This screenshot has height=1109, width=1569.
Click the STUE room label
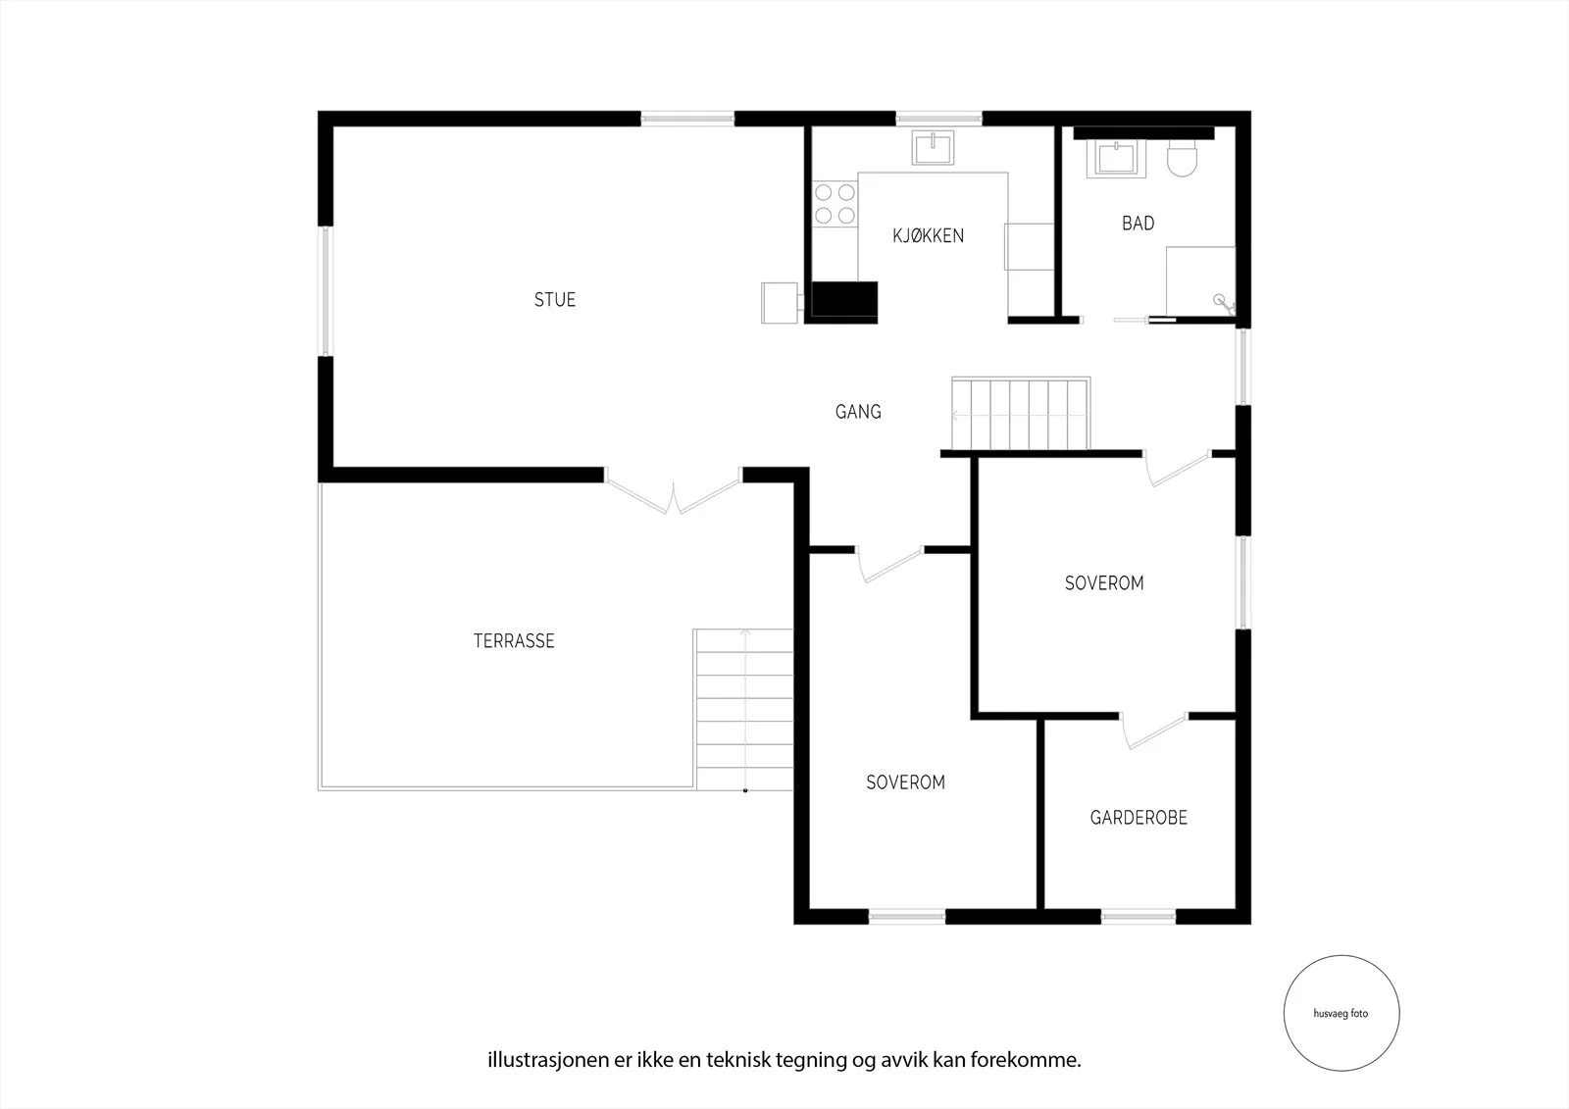point(555,300)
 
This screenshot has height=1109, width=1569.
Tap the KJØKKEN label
point(928,235)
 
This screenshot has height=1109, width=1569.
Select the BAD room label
point(1139,224)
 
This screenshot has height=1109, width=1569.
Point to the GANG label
point(858,411)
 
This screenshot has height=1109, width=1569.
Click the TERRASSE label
point(514,641)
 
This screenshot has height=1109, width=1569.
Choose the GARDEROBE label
point(1139,818)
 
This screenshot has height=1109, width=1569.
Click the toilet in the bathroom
point(1183,158)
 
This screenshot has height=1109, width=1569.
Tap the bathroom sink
point(1116,158)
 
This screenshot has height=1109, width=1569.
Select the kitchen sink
point(933,148)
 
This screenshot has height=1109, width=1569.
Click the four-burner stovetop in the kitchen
point(835,204)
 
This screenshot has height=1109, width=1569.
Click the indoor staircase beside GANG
point(1021,414)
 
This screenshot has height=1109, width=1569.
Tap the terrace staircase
point(744,709)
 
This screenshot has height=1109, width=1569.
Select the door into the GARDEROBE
point(1153,731)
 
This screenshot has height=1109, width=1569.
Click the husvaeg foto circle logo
point(1341,1013)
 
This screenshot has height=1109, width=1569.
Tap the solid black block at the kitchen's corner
point(844,301)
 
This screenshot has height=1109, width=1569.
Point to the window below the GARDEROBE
point(1139,917)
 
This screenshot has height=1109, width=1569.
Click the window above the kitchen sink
point(938,119)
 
